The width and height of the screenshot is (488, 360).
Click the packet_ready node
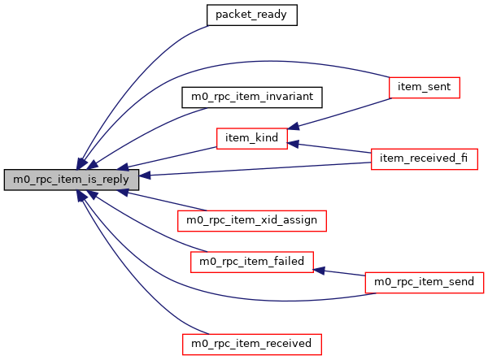[x=251, y=15]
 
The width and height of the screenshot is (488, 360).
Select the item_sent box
[x=425, y=87]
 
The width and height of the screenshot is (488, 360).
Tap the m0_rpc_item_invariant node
[x=251, y=97]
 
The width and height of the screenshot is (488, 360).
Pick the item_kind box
[x=251, y=138]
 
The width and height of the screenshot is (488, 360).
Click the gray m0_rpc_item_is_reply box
[x=71, y=180]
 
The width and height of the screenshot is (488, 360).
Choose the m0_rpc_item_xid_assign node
[x=251, y=219]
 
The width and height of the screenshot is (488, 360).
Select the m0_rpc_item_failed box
[x=251, y=262]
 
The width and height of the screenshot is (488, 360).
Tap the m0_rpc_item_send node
[x=425, y=282]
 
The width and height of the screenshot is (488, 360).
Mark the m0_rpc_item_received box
[x=251, y=344]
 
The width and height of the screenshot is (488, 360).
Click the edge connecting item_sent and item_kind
[x=342, y=112]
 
